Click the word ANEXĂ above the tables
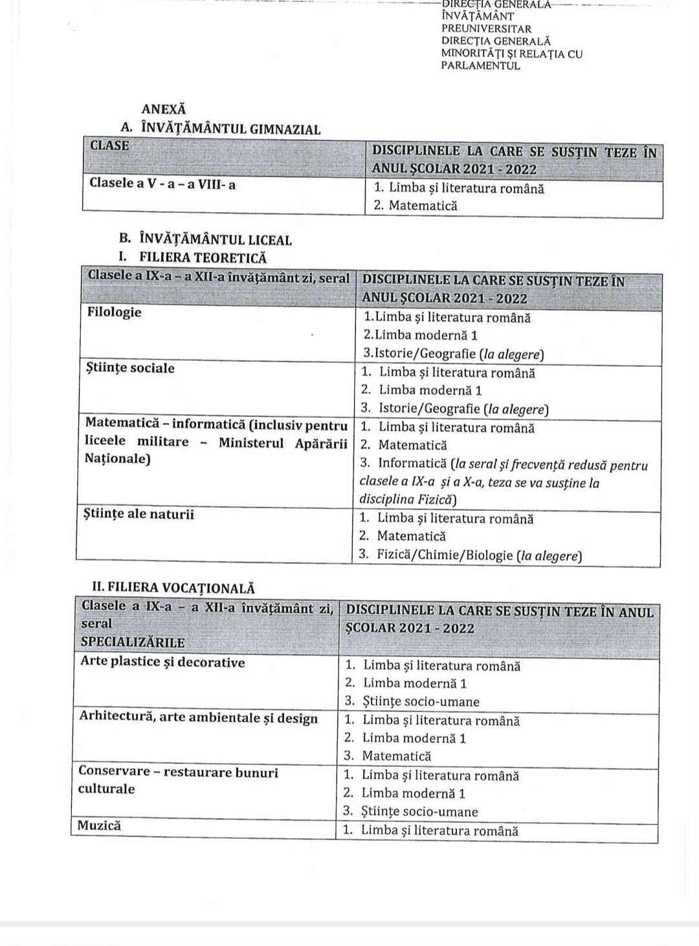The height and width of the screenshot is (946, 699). pos(163,109)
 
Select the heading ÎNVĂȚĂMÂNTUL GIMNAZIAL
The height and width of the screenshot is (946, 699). pos(230,129)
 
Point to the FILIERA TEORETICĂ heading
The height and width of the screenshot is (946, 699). pos(203,257)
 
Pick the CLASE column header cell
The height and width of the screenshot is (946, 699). pos(109,145)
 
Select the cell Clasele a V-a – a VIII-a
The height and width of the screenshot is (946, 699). pos(162,184)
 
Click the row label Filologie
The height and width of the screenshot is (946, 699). pos(114,312)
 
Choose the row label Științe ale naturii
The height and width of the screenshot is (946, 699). pos(139,515)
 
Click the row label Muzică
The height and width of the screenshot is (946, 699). pos(99,826)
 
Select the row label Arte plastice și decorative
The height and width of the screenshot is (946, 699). pos(162,662)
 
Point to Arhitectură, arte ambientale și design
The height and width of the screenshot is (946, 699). pos(199,718)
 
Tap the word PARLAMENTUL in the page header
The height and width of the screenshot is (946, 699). pos(480,66)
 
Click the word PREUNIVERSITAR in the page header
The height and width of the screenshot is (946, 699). pos(486,29)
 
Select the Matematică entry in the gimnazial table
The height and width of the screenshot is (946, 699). pos(423,206)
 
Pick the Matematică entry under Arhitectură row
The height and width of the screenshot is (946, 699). pos(396,756)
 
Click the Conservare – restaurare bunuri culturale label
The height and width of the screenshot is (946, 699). pos(178,779)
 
